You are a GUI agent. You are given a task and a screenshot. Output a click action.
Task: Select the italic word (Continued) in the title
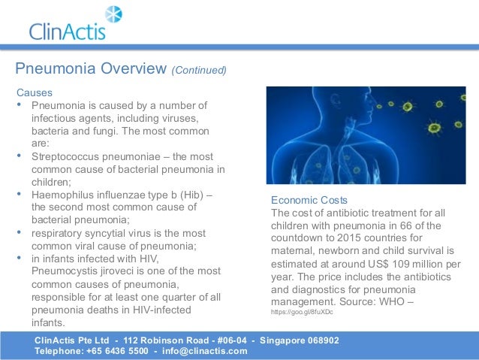[199, 71]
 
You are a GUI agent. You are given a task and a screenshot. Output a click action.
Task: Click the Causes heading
[35, 92]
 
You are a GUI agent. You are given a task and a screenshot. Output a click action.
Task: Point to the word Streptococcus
[65, 156]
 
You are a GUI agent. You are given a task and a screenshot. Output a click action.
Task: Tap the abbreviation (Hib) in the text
[189, 195]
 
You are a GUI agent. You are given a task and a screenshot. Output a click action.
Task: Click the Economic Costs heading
[309, 200]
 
